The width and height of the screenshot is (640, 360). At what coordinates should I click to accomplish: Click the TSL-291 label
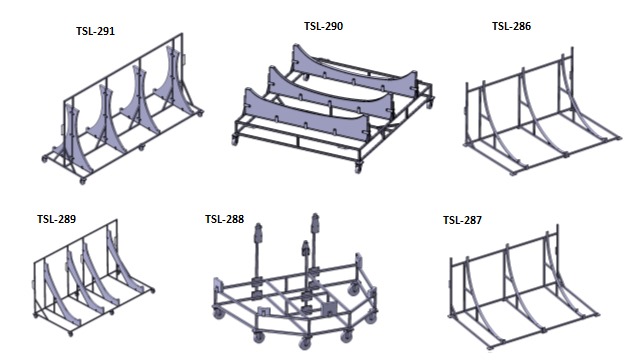95,31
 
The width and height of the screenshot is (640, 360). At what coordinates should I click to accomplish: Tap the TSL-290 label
323,26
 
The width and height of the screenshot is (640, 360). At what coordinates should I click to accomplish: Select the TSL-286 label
511,26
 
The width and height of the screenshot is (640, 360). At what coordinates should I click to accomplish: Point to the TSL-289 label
56,219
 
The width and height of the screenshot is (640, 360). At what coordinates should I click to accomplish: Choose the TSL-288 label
224,219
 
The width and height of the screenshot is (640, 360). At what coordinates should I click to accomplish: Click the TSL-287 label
462,220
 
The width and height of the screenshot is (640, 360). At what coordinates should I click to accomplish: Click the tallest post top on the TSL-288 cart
315,217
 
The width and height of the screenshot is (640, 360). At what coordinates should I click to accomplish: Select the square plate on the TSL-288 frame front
329,309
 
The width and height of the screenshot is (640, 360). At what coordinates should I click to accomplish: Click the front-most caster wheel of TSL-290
358,167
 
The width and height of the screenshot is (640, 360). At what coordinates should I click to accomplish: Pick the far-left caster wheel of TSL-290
235,140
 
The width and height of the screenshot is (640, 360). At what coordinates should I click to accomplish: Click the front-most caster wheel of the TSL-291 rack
82,180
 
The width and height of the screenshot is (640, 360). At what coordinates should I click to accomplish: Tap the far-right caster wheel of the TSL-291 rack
200,114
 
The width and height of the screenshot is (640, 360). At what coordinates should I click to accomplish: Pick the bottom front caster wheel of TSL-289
71,334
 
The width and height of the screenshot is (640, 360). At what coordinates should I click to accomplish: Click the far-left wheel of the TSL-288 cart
219,314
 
